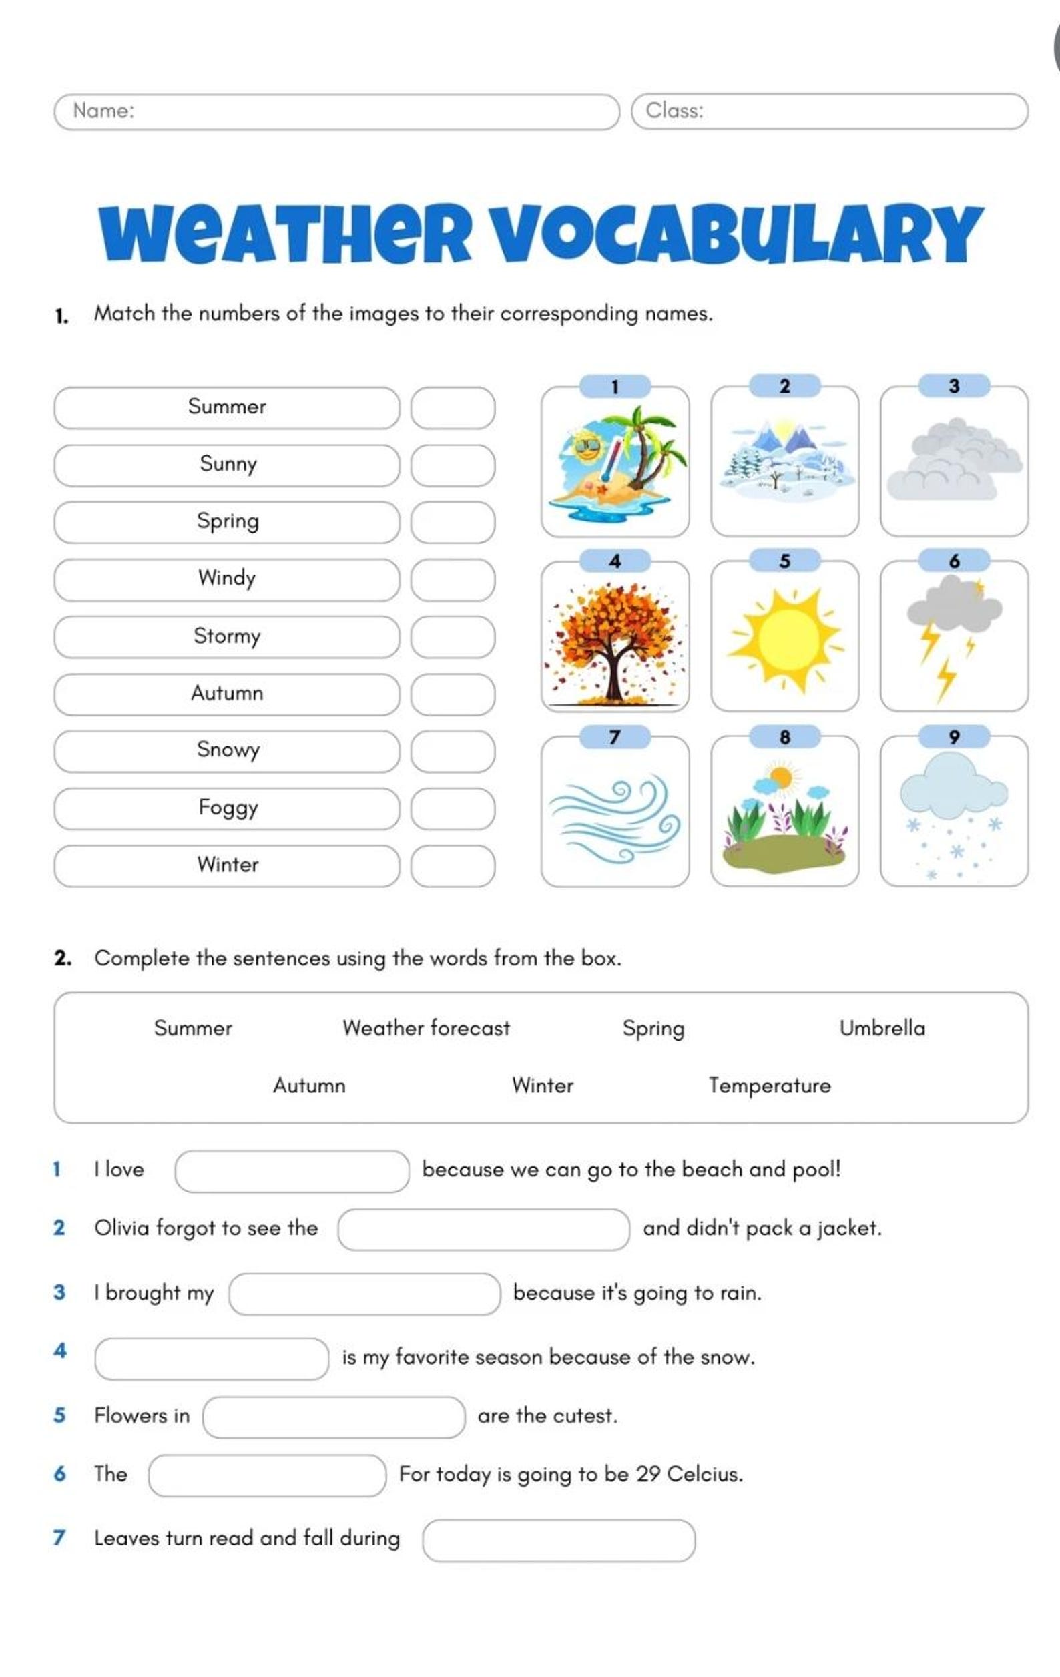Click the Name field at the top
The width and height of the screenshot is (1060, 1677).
[336, 111]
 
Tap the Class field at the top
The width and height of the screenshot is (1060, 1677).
[829, 111]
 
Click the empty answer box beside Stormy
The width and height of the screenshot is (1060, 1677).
[453, 636]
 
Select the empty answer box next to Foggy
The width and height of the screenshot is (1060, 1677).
[453, 808]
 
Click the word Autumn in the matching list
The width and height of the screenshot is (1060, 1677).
[227, 694]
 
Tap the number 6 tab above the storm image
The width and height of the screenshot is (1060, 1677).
[953, 561]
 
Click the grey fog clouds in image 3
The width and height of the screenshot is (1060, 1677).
[953, 460]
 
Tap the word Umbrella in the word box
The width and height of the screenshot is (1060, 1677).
[882, 1029]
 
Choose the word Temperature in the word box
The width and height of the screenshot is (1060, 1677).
[769, 1086]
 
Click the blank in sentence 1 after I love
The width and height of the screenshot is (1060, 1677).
[292, 1172]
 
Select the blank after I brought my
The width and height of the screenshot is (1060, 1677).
[364, 1294]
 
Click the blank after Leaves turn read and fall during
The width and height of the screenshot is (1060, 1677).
[558, 1541]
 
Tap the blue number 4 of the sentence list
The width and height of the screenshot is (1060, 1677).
[60, 1351]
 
